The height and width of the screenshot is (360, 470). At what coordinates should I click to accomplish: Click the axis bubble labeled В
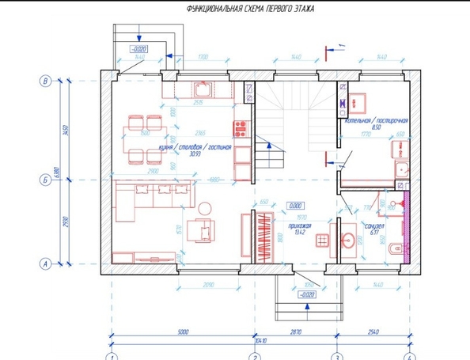45,80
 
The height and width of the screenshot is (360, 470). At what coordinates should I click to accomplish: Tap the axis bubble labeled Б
45,181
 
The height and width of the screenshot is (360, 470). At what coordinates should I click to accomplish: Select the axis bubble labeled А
45,263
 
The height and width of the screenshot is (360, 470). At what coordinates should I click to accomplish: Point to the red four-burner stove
240,127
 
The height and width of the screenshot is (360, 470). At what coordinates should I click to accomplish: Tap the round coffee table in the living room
205,208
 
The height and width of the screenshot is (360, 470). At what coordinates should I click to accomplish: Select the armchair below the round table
205,232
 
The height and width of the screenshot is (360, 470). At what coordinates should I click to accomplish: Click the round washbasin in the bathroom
347,238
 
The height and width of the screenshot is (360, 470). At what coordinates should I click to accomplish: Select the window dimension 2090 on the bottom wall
207,284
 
